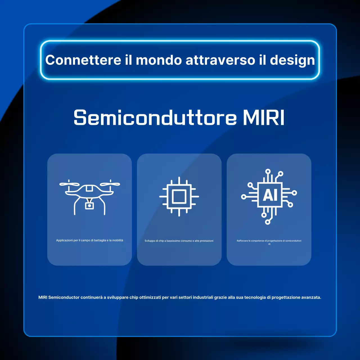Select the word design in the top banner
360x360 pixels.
click(292, 60)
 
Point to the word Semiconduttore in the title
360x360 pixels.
click(155, 118)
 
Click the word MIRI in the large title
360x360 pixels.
click(264, 118)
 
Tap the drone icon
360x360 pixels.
click(89, 197)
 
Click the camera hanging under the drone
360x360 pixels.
click(89, 206)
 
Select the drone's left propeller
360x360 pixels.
click(69, 184)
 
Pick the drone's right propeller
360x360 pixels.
click(110, 184)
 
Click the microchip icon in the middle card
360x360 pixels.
click(179, 196)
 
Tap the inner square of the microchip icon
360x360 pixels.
click(179, 196)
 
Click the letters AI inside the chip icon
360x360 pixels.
click(270, 195)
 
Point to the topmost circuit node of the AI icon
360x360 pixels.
click(268, 171)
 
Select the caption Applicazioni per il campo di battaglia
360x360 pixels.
click(89, 240)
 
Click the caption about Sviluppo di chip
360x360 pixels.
click(179, 241)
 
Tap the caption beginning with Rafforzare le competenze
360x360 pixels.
click(269, 241)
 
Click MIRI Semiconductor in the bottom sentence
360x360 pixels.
click(59, 297)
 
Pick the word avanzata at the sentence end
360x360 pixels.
click(311, 297)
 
